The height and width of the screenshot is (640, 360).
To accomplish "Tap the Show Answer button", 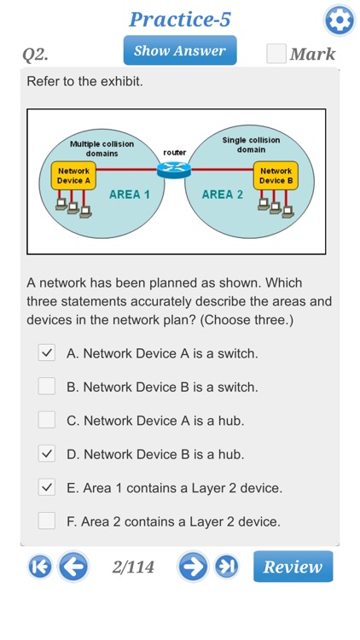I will (179, 50).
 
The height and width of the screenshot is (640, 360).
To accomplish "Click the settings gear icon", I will (340, 20).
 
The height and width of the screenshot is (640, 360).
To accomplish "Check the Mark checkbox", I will (276, 54).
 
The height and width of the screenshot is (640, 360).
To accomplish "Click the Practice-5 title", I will (180, 19).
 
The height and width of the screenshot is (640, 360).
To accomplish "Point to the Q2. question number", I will (35, 55).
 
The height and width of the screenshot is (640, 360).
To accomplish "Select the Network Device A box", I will (73, 176).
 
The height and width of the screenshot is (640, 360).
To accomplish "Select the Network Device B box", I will (276, 175).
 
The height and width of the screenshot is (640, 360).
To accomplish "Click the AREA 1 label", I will (130, 195).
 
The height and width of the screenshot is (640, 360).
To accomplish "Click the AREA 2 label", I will (223, 195).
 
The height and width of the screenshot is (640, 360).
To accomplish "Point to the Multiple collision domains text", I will (101, 148).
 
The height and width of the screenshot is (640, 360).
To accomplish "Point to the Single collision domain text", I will (251, 144).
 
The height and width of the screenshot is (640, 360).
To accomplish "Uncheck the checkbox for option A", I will (47, 352).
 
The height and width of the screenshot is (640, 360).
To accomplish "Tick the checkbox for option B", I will (47, 387).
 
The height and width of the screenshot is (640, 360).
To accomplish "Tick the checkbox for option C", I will (47, 420).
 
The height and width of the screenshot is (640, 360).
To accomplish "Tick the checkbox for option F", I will (47, 521).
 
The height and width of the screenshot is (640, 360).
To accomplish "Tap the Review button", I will (293, 567).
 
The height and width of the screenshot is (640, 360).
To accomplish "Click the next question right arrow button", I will (193, 567).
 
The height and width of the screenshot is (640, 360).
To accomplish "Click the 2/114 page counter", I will (133, 567).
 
